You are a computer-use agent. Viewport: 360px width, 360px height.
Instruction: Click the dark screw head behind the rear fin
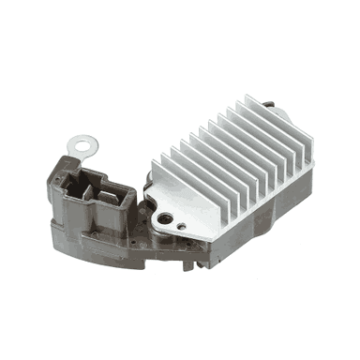[274, 100]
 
